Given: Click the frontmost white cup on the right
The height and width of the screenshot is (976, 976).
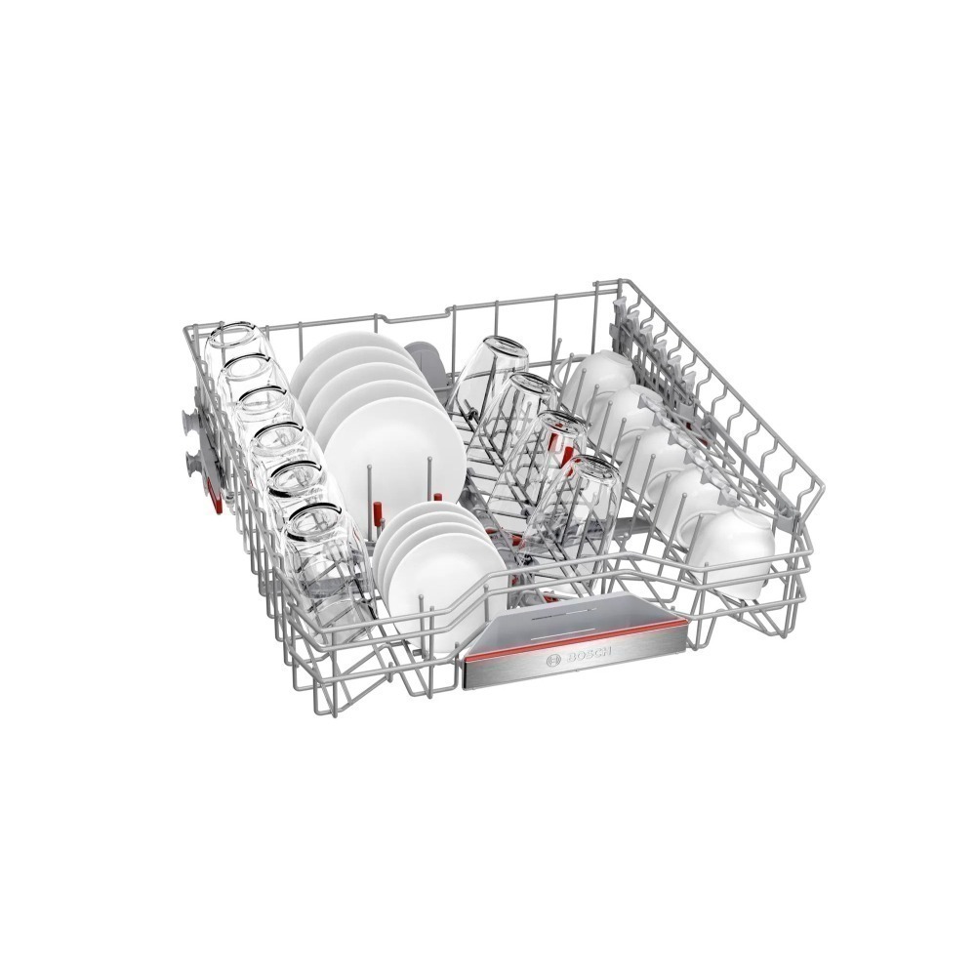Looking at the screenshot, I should pos(736,550).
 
